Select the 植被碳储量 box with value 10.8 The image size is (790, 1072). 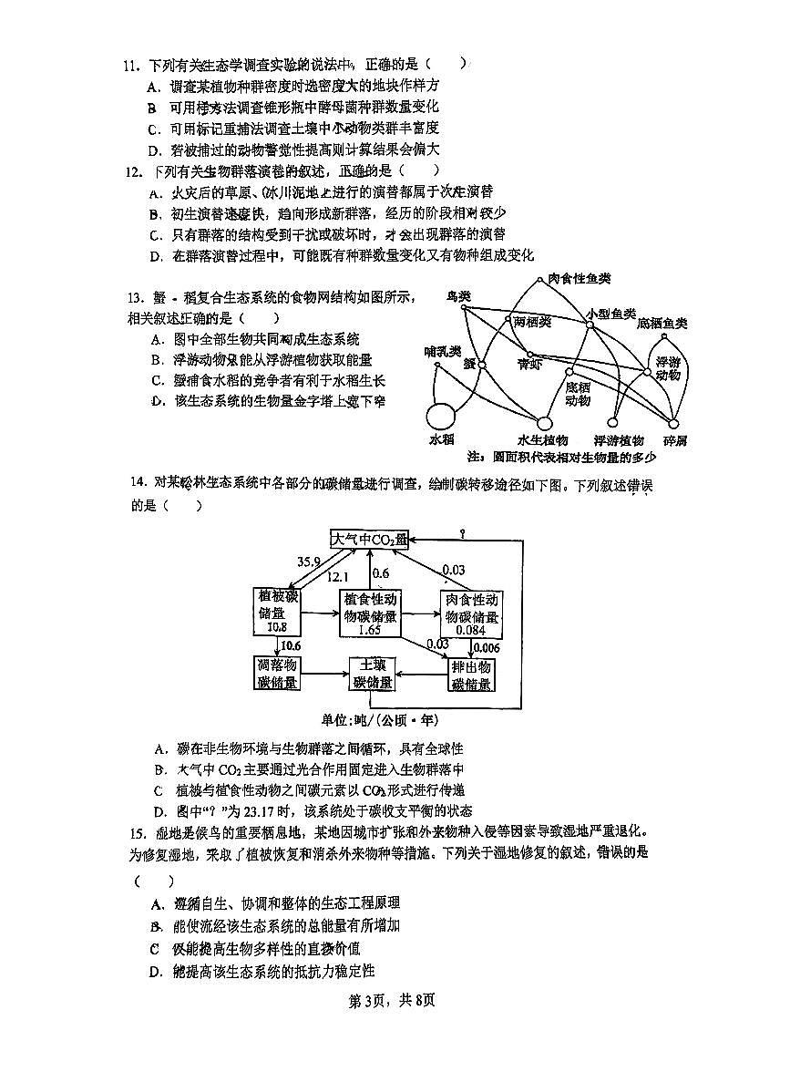[278, 612]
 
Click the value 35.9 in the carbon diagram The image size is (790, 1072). [309, 562]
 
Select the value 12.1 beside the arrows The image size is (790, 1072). [336, 576]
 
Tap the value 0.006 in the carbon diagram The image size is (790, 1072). [486, 647]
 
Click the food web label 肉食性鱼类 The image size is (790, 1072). [579, 278]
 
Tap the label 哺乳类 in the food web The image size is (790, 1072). [442, 351]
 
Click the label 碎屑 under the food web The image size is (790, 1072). [675, 440]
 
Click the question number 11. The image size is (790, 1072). [130, 66]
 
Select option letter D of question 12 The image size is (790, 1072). [155, 256]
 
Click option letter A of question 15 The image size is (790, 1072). [157, 903]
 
